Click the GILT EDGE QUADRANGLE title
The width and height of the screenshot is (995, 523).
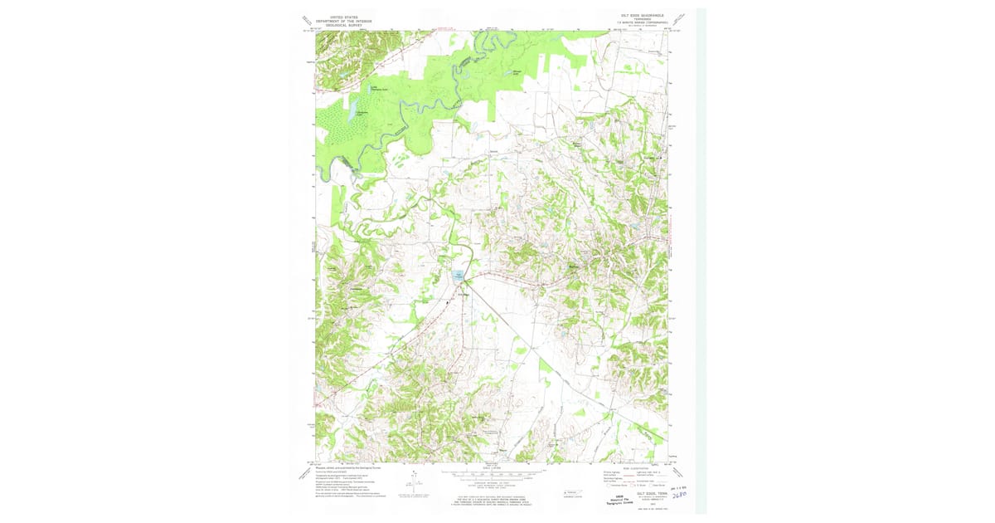click(638, 16)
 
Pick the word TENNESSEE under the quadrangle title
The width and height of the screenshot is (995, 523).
click(638, 20)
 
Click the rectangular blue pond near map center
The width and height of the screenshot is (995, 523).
click(458, 279)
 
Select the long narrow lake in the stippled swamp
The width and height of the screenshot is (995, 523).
click(352, 109)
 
